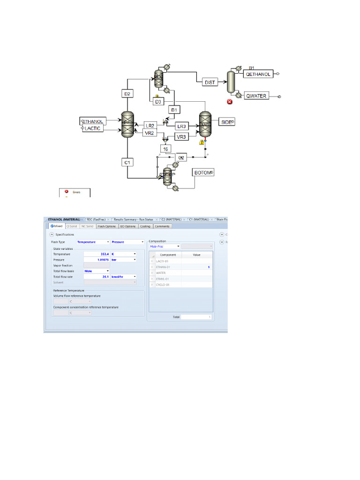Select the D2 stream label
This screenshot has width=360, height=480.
(127, 94)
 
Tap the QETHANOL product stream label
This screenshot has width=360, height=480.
(258, 74)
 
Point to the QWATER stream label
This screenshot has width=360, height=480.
(256, 96)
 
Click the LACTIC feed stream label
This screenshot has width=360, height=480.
(93, 128)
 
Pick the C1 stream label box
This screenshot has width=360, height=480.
(127, 162)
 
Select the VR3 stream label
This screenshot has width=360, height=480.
(181, 136)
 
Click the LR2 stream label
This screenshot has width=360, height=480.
(150, 126)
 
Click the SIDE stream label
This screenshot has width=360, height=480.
(227, 122)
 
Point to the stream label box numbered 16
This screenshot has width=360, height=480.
(165, 149)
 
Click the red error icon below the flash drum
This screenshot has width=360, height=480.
(230, 101)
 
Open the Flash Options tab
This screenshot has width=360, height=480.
(106, 226)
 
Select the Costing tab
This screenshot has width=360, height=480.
(145, 226)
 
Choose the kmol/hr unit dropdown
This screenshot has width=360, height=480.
(123, 277)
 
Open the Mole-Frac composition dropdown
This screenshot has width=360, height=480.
(165, 246)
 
